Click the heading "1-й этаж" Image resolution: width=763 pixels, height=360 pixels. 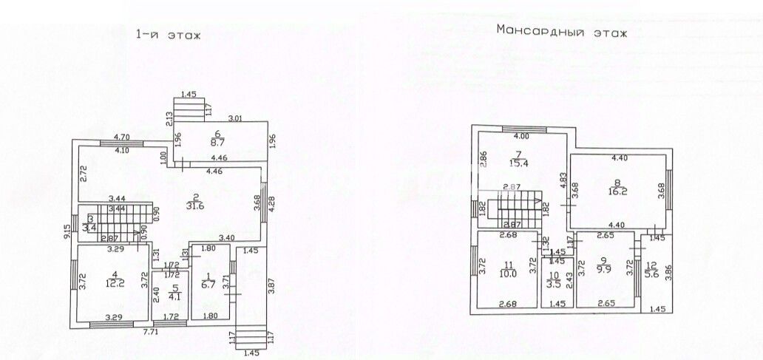click(168, 34)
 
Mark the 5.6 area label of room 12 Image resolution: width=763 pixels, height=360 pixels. click(651, 273)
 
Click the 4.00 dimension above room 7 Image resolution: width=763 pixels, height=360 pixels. click(521, 136)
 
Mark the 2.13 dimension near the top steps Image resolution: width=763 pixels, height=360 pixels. click(169, 119)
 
